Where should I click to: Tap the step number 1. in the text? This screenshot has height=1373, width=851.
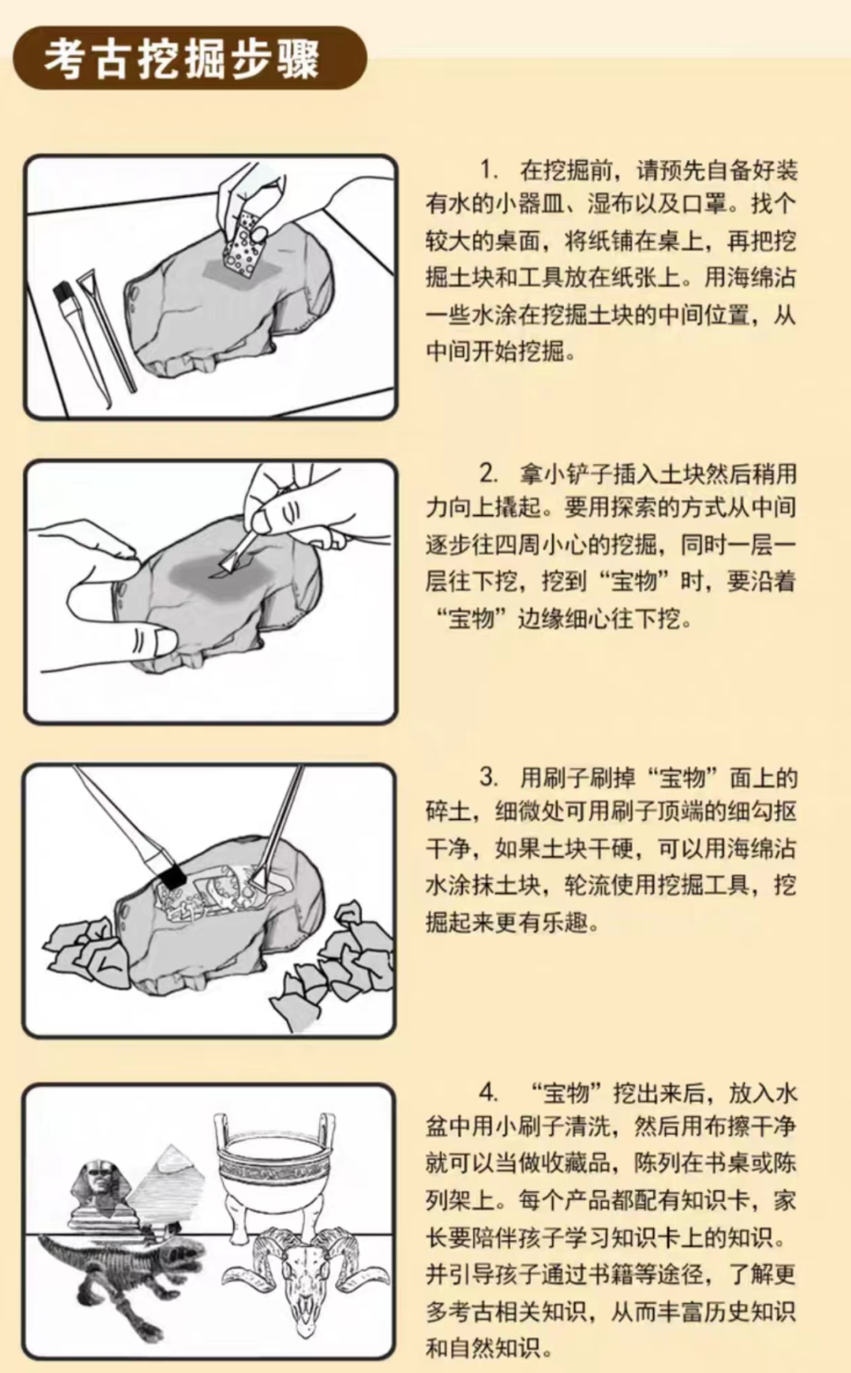pyautogui.click(x=489, y=169)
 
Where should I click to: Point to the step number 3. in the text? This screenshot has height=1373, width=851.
pyautogui.click(x=489, y=777)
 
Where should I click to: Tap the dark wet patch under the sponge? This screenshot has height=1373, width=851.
pyautogui.click(x=236, y=271)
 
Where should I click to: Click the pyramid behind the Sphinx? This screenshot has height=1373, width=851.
pyautogui.click(x=169, y=1186)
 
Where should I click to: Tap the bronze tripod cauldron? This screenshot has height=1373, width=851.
pyautogui.click(x=275, y=1170)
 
